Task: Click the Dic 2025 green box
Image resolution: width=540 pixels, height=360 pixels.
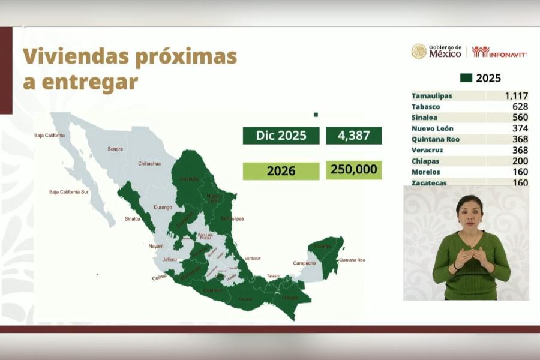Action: [281, 136]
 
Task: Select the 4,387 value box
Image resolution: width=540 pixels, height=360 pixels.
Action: [353, 136]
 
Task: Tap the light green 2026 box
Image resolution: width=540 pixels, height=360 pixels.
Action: [281, 171]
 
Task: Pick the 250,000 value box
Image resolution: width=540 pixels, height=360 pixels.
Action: [353, 170]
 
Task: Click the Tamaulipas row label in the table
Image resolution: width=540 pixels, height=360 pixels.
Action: [432, 96]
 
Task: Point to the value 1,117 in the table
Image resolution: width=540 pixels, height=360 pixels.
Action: [516, 96]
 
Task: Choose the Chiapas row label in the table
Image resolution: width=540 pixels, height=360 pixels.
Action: [425, 161]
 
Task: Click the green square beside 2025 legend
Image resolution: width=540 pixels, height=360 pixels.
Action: [466, 78]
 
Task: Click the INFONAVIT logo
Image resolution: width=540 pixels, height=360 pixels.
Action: [499, 52]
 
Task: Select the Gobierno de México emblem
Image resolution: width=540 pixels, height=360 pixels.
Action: [419, 52]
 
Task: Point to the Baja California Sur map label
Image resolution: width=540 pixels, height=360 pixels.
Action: [69, 192]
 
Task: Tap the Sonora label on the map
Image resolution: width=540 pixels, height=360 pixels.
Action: [115, 149]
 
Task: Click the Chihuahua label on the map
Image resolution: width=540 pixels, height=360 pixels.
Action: [149, 163]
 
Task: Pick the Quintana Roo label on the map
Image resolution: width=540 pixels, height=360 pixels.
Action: [352, 260]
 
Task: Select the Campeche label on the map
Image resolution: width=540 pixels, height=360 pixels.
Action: [304, 263]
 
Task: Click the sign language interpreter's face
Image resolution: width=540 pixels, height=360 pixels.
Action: [470, 212]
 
